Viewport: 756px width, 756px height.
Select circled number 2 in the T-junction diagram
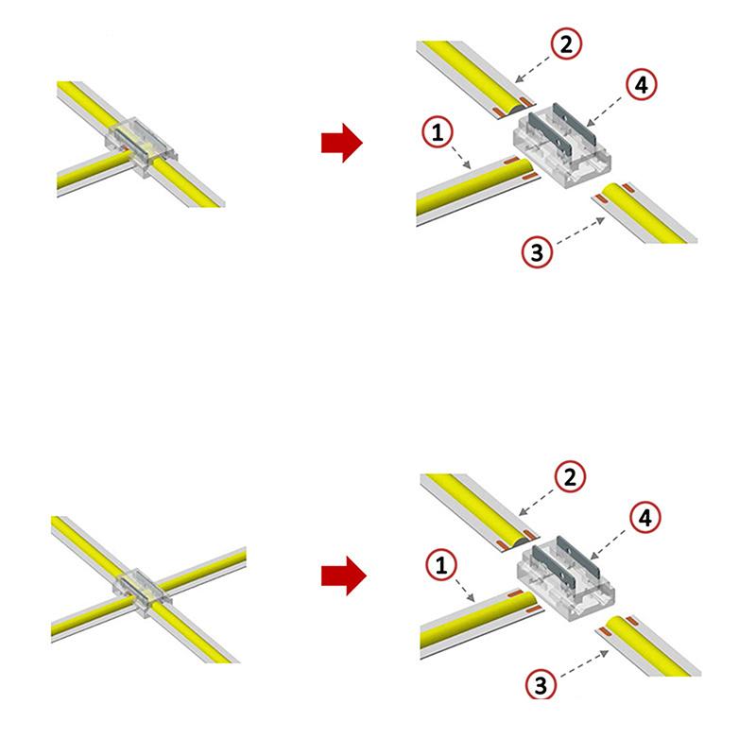(566, 43)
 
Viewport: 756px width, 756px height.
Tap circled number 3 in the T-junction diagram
(536, 252)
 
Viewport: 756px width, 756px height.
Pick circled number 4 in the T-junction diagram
(641, 84)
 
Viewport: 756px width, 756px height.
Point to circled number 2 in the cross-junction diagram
(568, 477)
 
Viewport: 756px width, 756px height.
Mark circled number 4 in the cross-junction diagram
(643, 518)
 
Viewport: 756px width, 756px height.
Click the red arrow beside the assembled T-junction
(341, 143)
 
